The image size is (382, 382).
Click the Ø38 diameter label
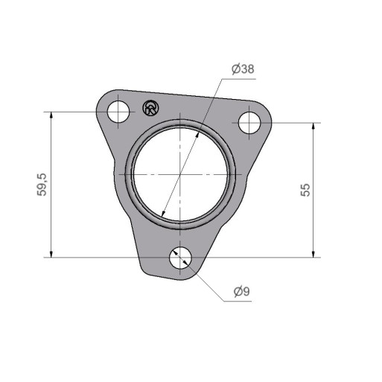tap(243, 69)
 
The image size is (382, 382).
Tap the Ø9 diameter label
tap(242, 291)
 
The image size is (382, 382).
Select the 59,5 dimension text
tap(42, 185)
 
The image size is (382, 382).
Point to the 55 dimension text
tap(305, 190)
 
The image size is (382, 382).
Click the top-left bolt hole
tap(118, 112)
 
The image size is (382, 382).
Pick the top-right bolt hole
tap(249, 123)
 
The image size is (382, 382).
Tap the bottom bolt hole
tap(180, 258)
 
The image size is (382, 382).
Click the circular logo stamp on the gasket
tap(151, 108)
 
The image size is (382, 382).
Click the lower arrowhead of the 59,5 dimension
tap(51, 254)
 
